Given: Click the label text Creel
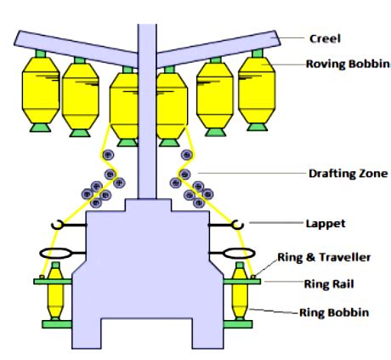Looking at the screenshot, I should click(x=326, y=37).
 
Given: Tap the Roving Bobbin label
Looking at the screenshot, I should click(x=340, y=64).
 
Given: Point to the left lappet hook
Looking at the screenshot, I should click(x=57, y=225).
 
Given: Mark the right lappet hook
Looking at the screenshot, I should click(x=239, y=225).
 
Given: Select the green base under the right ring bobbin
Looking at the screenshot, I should click(x=240, y=324).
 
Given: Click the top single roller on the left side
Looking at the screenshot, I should click(x=107, y=155).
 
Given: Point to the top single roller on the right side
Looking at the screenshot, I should click(x=185, y=155).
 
